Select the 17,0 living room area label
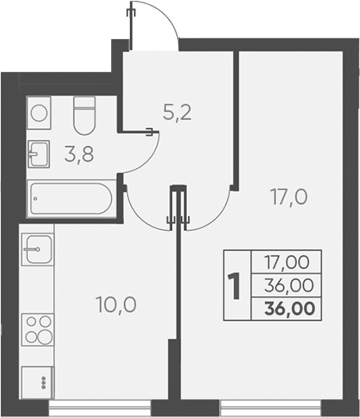pyautogui.click(x=289, y=197)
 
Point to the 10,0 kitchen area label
pyautogui.click(x=116, y=305)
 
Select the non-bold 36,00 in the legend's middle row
pyautogui.click(x=291, y=286)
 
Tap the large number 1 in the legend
pyautogui.click(x=235, y=287)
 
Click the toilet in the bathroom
pyautogui.click(x=85, y=116)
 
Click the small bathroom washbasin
pyautogui.click(x=38, y=153)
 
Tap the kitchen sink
pyautogui.click(x=38, y=248)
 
